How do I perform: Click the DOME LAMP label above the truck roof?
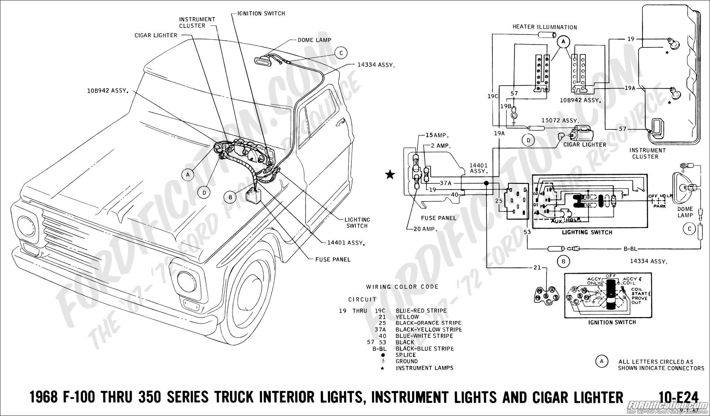(314, 40)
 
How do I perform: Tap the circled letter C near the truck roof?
(341, 53)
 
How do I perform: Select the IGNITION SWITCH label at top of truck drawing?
(261, 13)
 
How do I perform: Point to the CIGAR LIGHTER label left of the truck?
(156, 35)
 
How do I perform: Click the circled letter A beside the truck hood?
(187, 174)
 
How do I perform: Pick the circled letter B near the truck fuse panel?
(230, 197)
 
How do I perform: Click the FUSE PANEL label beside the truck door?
(333, 259)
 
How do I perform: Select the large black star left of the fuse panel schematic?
(390, 174)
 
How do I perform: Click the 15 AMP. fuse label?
(437, 135)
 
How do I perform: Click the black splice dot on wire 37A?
(486, 183)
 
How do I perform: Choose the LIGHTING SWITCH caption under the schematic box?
(587, 232)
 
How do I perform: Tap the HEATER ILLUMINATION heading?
(545, 27)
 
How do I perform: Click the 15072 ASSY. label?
(559, 121)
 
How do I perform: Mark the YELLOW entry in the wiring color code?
(407, 317)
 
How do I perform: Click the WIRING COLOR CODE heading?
(402, 287)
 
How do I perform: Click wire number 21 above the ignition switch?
(537, 267)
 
